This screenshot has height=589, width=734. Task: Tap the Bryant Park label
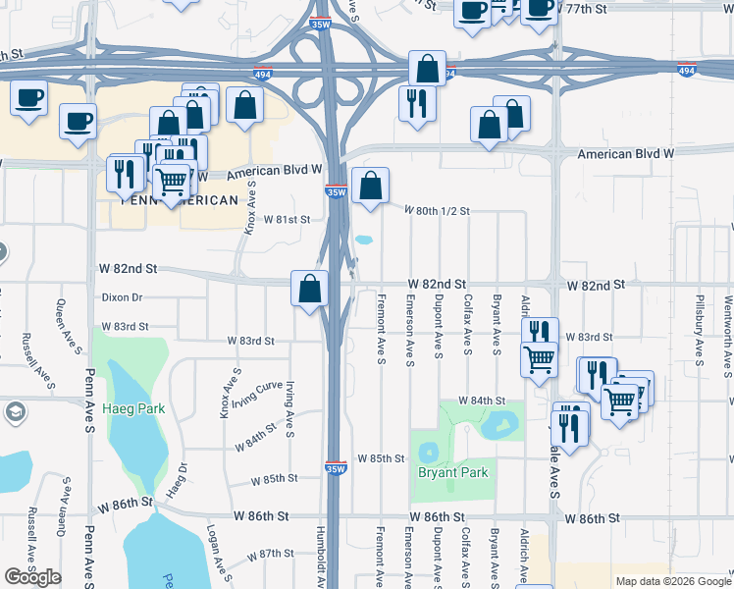(x=452, y=472)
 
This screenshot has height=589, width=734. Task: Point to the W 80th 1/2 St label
(x=439, y=210)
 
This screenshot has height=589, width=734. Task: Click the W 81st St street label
(x=287, y=220)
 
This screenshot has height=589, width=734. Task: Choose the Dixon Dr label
(x=122, y=296)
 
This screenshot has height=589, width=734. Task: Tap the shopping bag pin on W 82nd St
(x=309, y=289)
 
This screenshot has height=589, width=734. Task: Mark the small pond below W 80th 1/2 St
(x=364, y=240)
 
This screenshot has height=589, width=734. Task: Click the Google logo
(x=32, y=577)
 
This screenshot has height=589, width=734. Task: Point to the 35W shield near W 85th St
(x=336, y=468)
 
